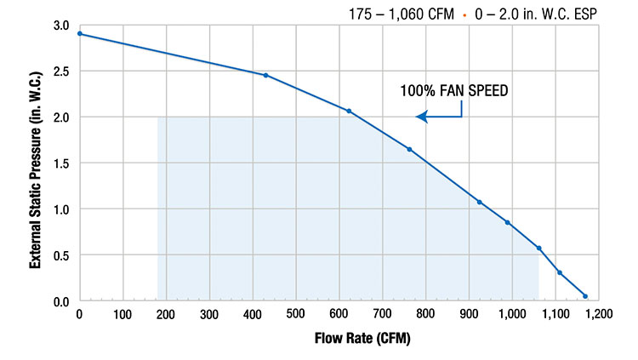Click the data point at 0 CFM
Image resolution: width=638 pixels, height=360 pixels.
click(79, 34)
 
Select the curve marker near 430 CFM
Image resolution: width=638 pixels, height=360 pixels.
click(265, 75)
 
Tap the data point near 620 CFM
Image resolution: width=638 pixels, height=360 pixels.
click(349, 111)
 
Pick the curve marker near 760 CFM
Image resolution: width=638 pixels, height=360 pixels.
click(409, 150)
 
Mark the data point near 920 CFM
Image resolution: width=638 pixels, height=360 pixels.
click(479, 202)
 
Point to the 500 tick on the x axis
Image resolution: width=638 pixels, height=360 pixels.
click(296, 314)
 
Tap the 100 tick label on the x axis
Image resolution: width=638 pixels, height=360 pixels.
click(122, 314)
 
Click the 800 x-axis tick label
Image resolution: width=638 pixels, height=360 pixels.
click(426, 314)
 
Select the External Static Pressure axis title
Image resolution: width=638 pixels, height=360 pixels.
click(36, 163)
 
